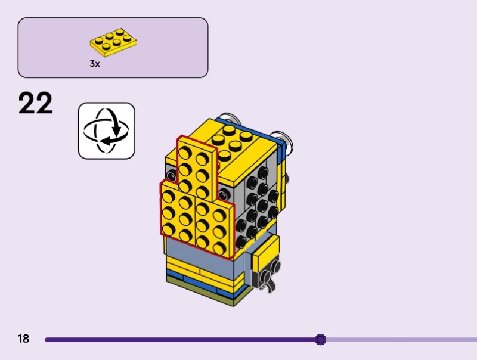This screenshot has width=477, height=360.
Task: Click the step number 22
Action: [36, 103]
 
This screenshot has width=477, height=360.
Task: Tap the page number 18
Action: [23, 339]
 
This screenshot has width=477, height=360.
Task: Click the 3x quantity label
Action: [95, 64]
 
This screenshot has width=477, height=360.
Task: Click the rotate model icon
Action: [106, 131]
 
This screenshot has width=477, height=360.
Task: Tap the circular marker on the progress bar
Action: [320, 340]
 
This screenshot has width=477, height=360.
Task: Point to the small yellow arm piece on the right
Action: [266, 253]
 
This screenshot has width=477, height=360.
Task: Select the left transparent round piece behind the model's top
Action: [227, 117]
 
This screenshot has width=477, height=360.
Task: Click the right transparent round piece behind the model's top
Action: [284, 139]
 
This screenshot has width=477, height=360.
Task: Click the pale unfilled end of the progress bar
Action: [405, 340]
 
